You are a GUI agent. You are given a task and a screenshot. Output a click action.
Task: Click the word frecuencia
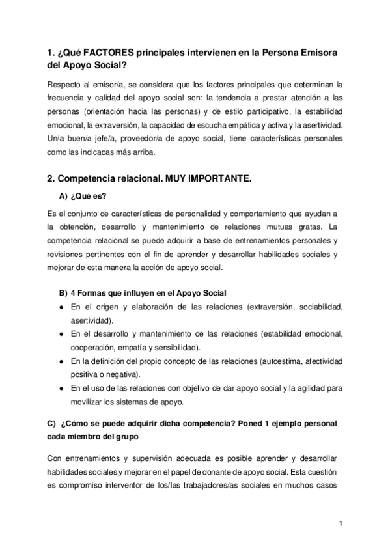click(68, 98)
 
